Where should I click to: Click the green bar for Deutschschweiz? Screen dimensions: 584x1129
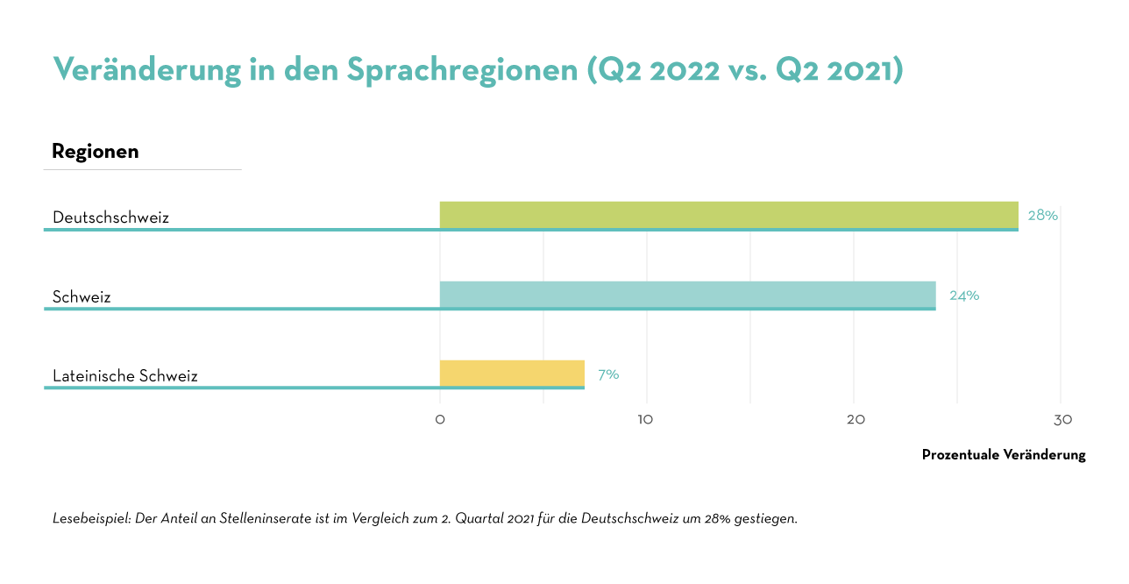point(728,215)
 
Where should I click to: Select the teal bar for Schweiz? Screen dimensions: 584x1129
point(687,295)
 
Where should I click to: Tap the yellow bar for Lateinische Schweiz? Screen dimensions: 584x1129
point(512,374)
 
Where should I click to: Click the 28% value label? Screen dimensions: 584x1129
point(1042,215)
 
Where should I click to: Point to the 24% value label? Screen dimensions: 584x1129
point(964,296)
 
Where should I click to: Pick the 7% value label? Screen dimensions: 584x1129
point(608,374)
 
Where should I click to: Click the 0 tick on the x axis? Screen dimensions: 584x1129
point(440,420)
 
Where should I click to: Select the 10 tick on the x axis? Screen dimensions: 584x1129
point(646,420)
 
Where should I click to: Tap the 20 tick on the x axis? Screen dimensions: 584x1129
point(856,420)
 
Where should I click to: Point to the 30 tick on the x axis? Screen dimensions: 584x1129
point(1062,420)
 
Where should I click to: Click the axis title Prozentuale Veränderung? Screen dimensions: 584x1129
point(1004,455)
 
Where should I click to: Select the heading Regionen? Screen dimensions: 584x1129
point(96,152)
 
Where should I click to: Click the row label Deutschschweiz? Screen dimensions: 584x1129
point(110,217)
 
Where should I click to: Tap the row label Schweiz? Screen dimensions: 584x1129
point(82,297)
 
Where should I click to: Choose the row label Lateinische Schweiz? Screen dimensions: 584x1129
point(125,376)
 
